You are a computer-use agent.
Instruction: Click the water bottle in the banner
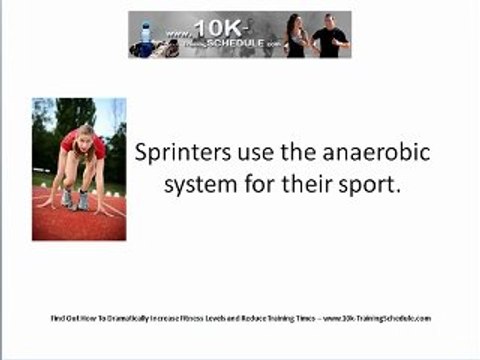147,35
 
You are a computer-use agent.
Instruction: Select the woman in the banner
296,36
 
